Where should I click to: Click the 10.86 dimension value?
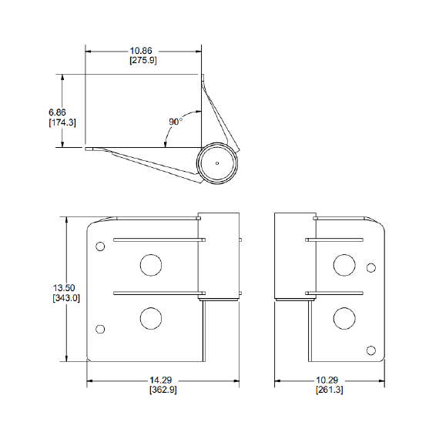coord(141,51)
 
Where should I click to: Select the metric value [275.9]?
coord(143,60)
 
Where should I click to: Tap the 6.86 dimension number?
coord(57,112)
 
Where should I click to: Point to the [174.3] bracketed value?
coord(62,122)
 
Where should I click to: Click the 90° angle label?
coord(176,122)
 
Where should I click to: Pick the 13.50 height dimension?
coord(64,287)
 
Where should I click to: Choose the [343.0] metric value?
coord(66,298)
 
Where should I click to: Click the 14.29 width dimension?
coord(160,380)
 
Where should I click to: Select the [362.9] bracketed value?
coord(163,390)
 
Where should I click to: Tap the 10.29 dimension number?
coord(327,380)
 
